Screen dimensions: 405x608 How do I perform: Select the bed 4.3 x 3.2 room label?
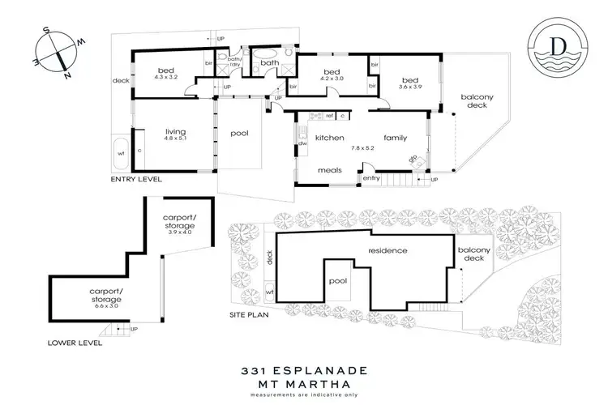click(x=165, y=74)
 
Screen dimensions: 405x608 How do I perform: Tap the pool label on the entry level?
click(x=239, y=134)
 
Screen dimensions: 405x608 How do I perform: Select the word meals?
click(x=328, y=171)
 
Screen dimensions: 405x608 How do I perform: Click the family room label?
click(x=396, y=138)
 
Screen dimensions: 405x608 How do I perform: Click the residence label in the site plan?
click(x=386, y=250)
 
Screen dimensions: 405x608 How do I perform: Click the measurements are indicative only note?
click(x=303, y=394)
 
